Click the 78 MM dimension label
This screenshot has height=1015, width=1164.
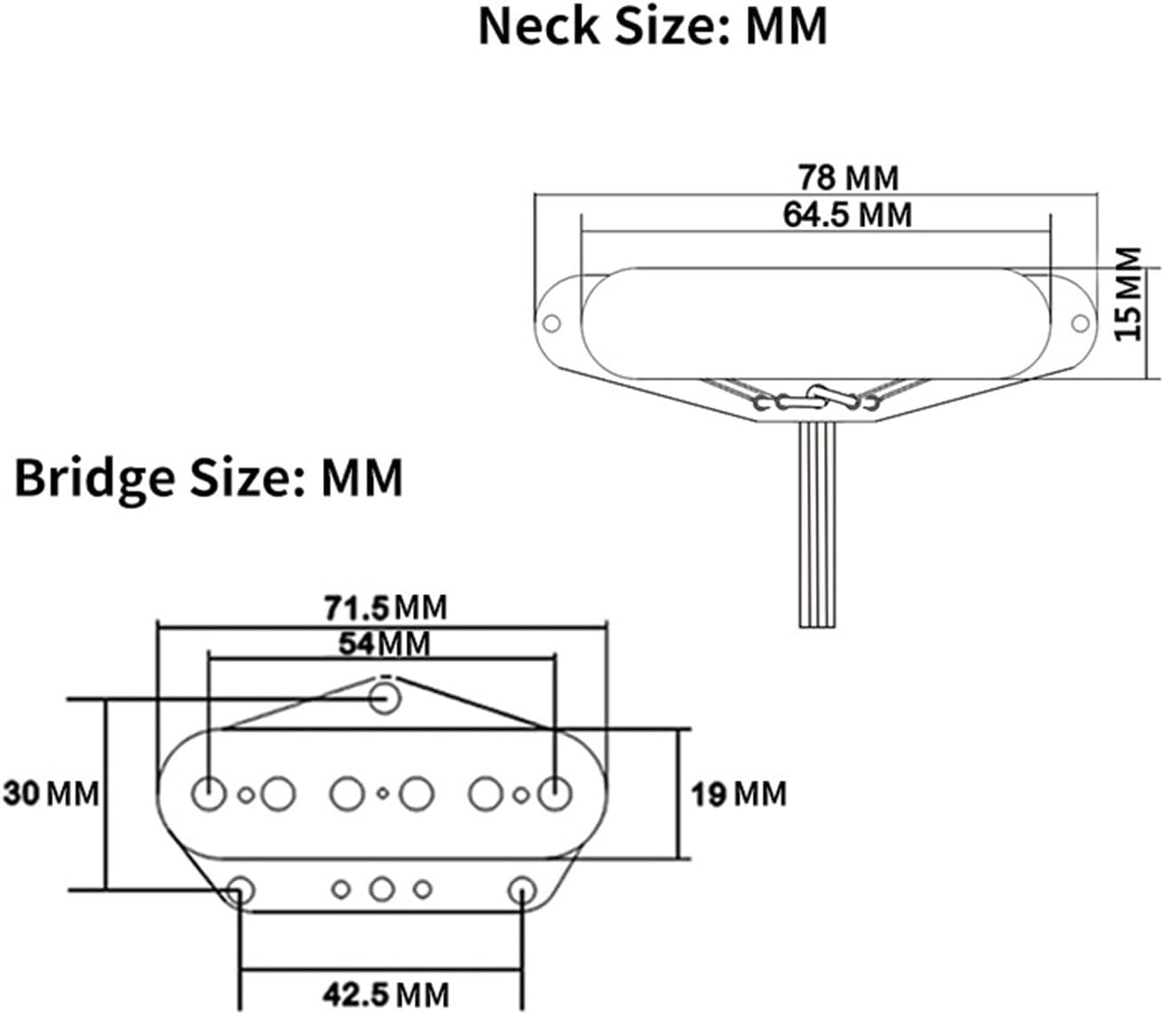pos(848,178)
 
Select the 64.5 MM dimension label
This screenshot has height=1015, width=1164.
pos(847,215)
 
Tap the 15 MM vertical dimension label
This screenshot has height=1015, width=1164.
pos(1128,294)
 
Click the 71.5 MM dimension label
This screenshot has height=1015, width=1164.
pos(385,608)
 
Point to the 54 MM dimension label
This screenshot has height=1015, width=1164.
pos(384,643)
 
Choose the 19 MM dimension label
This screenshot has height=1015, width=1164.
pos(739,793)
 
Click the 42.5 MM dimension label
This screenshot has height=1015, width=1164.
pos(385,994)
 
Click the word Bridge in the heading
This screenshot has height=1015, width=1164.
pos(94,478)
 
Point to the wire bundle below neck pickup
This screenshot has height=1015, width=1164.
pos(818,524)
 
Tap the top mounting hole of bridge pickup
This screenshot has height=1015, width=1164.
pos(385,696)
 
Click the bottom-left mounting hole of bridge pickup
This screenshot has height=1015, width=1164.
pos(240,889)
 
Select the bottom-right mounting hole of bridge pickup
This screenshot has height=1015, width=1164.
pos(522,889)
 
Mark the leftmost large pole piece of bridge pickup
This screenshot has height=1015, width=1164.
pos(210,793)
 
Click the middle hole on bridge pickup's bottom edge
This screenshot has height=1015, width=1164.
pos(383,888)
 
